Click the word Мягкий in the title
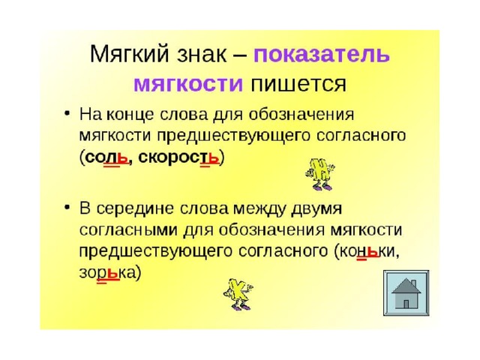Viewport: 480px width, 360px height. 129,55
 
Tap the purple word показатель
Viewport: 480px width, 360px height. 322,55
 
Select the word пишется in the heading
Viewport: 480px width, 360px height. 298,84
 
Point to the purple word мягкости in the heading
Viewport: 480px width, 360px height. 188,84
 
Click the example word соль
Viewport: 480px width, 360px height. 106,158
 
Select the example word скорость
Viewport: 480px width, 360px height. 178,158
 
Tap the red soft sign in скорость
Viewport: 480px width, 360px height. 214,158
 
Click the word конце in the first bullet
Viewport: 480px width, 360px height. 130,115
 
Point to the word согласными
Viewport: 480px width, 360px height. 128,230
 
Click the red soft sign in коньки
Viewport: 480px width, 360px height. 373,252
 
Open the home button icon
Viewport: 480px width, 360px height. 406,293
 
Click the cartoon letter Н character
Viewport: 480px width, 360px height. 320,174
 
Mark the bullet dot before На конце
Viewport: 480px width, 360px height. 67,114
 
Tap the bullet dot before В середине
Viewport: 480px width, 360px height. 67,208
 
